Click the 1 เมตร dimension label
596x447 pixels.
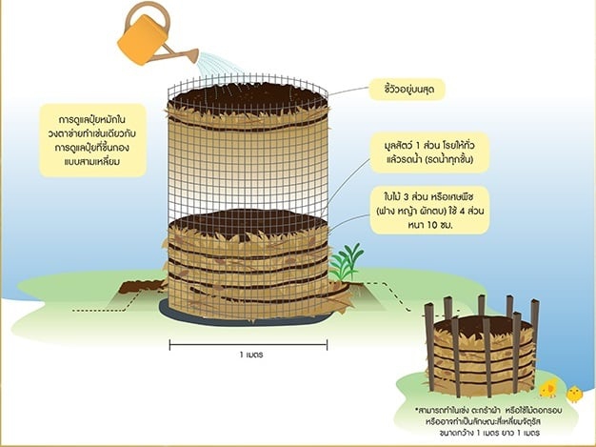(x=251, y=354)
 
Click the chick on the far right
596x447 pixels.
(x=574, y=393)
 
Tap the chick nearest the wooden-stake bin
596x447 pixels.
(x=548, y=388)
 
